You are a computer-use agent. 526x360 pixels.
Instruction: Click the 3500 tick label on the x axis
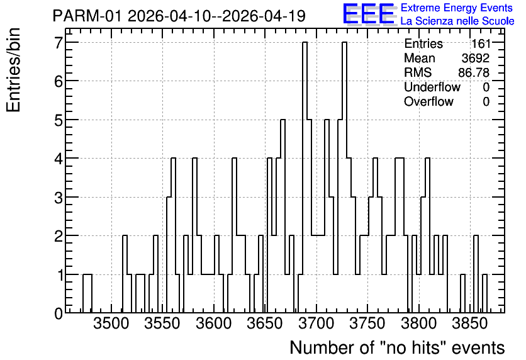[111, 324]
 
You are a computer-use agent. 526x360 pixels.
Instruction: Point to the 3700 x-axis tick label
[316, 324]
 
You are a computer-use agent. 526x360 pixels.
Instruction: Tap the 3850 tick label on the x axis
[469, 324]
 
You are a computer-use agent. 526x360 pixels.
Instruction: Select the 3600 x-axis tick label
[214, 324]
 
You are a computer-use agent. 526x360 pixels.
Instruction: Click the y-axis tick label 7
[59, 43]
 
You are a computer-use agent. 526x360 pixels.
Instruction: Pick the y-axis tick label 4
[59, 159]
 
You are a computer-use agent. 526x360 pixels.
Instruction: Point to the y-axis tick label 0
[59, 313]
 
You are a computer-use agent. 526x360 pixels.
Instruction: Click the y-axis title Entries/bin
[13, 70]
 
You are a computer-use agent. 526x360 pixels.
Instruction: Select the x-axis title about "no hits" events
[397, 347]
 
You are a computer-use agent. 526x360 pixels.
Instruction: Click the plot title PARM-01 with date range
[179, 16]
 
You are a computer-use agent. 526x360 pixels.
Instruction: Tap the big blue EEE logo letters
[369, 14]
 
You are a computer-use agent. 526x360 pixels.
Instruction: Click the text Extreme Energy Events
[457, 8]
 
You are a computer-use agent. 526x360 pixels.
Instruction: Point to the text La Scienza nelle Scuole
[457, 21]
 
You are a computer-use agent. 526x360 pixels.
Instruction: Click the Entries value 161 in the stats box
[481, 43]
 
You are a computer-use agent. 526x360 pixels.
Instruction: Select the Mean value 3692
[475, 58]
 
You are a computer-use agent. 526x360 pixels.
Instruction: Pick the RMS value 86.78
[474, 72]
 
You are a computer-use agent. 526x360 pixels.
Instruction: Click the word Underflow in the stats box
[432, 87]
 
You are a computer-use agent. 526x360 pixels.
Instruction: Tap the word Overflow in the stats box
[428, 101]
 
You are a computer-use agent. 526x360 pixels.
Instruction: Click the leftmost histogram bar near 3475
[87, 293]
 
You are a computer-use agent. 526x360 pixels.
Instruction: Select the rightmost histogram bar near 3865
[484, 293]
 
